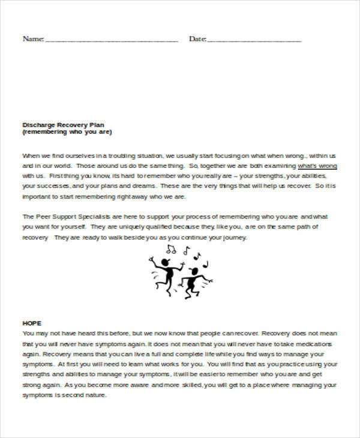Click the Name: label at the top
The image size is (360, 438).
click(33, 39)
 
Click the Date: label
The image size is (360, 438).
click(197, 39)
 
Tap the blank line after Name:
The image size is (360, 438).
click(112, 40)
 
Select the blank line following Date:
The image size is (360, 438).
click(254, 40)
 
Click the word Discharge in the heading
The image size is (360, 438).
click(37, 125)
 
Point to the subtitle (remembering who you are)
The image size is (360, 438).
click(67, 132)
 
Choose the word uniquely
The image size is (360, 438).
click(128, 227)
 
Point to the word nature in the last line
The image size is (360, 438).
click(95, 396)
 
